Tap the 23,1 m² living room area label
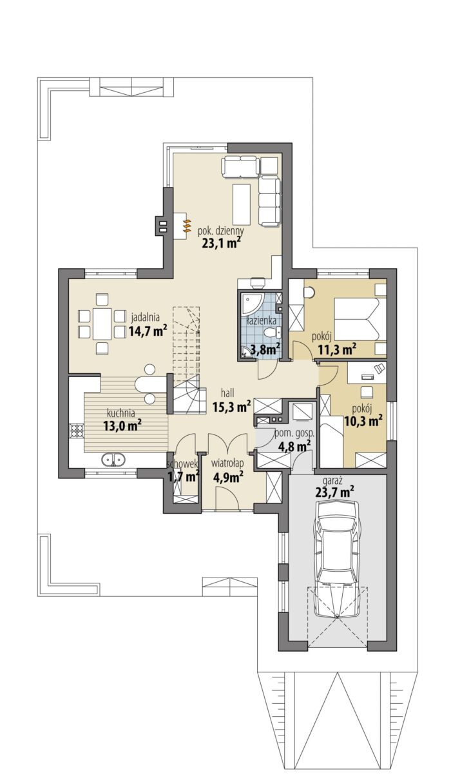(221, 243)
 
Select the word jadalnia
(145, 316)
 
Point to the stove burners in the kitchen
(77, 431)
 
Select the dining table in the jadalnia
(102, 324)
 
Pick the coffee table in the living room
(242, 204)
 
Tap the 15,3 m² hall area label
(231, 407)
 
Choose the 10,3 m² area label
(363, 421)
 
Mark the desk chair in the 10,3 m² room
(367, 392)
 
